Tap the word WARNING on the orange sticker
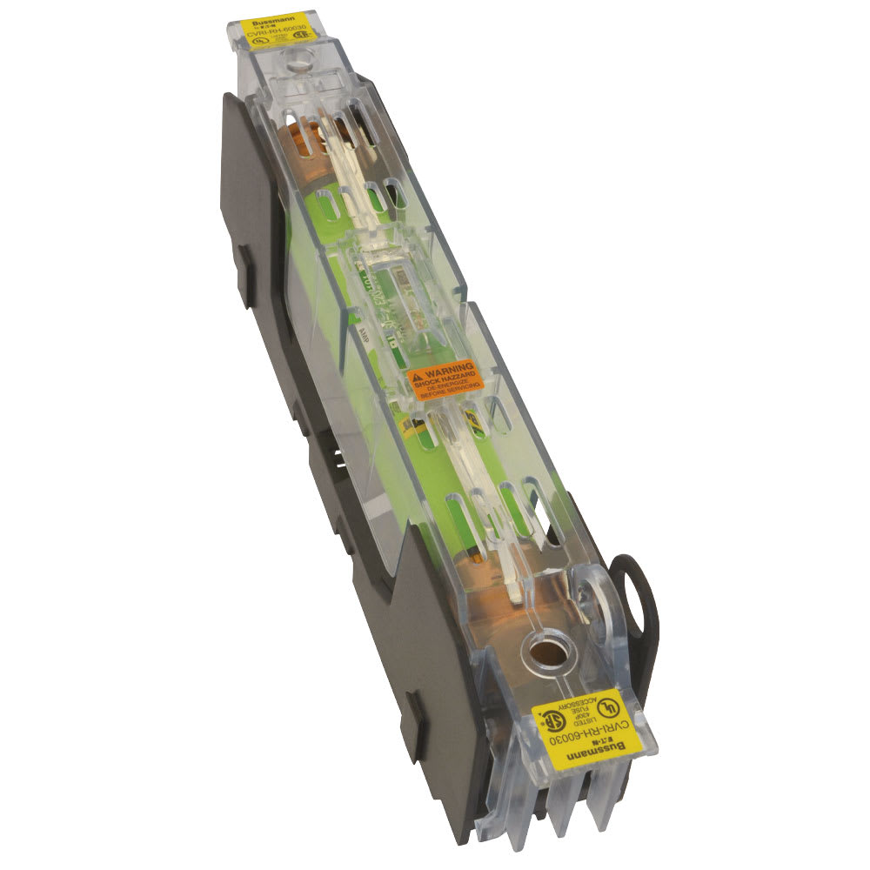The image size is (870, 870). [447, 369]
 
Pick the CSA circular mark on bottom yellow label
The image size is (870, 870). [553, 721]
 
